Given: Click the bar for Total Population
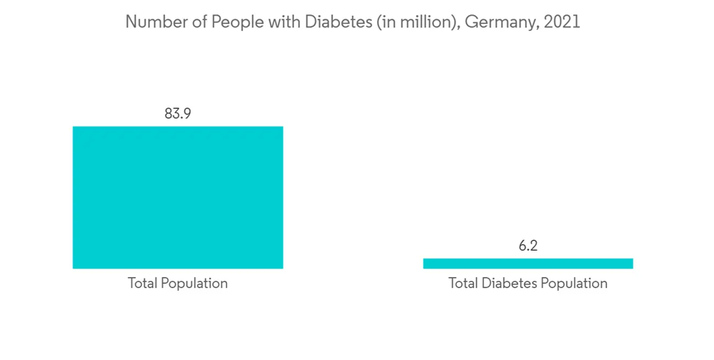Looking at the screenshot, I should tap(178, 197).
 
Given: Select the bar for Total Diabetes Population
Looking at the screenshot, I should tap(528, 264).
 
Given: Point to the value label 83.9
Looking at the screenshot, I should tap(178, 113).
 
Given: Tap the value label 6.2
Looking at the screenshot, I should tap(528, 246).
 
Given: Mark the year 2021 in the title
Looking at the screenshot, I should tap(561, 22).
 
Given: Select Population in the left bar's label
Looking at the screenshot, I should tap(195, 284).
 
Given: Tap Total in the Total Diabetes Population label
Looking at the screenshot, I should tap(463, 284).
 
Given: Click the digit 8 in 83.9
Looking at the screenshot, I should tap(169, 113).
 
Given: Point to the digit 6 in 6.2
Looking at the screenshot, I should tap(522, 246).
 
